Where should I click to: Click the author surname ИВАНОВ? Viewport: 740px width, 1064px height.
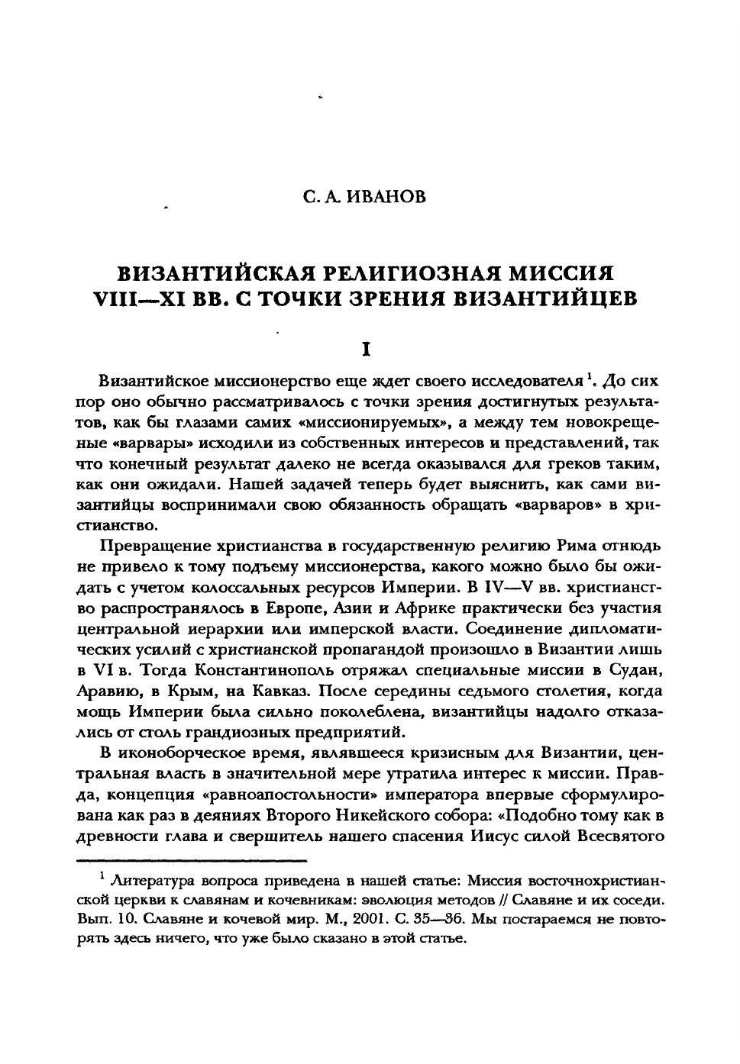386,197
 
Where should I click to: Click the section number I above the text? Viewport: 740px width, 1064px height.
367,350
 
